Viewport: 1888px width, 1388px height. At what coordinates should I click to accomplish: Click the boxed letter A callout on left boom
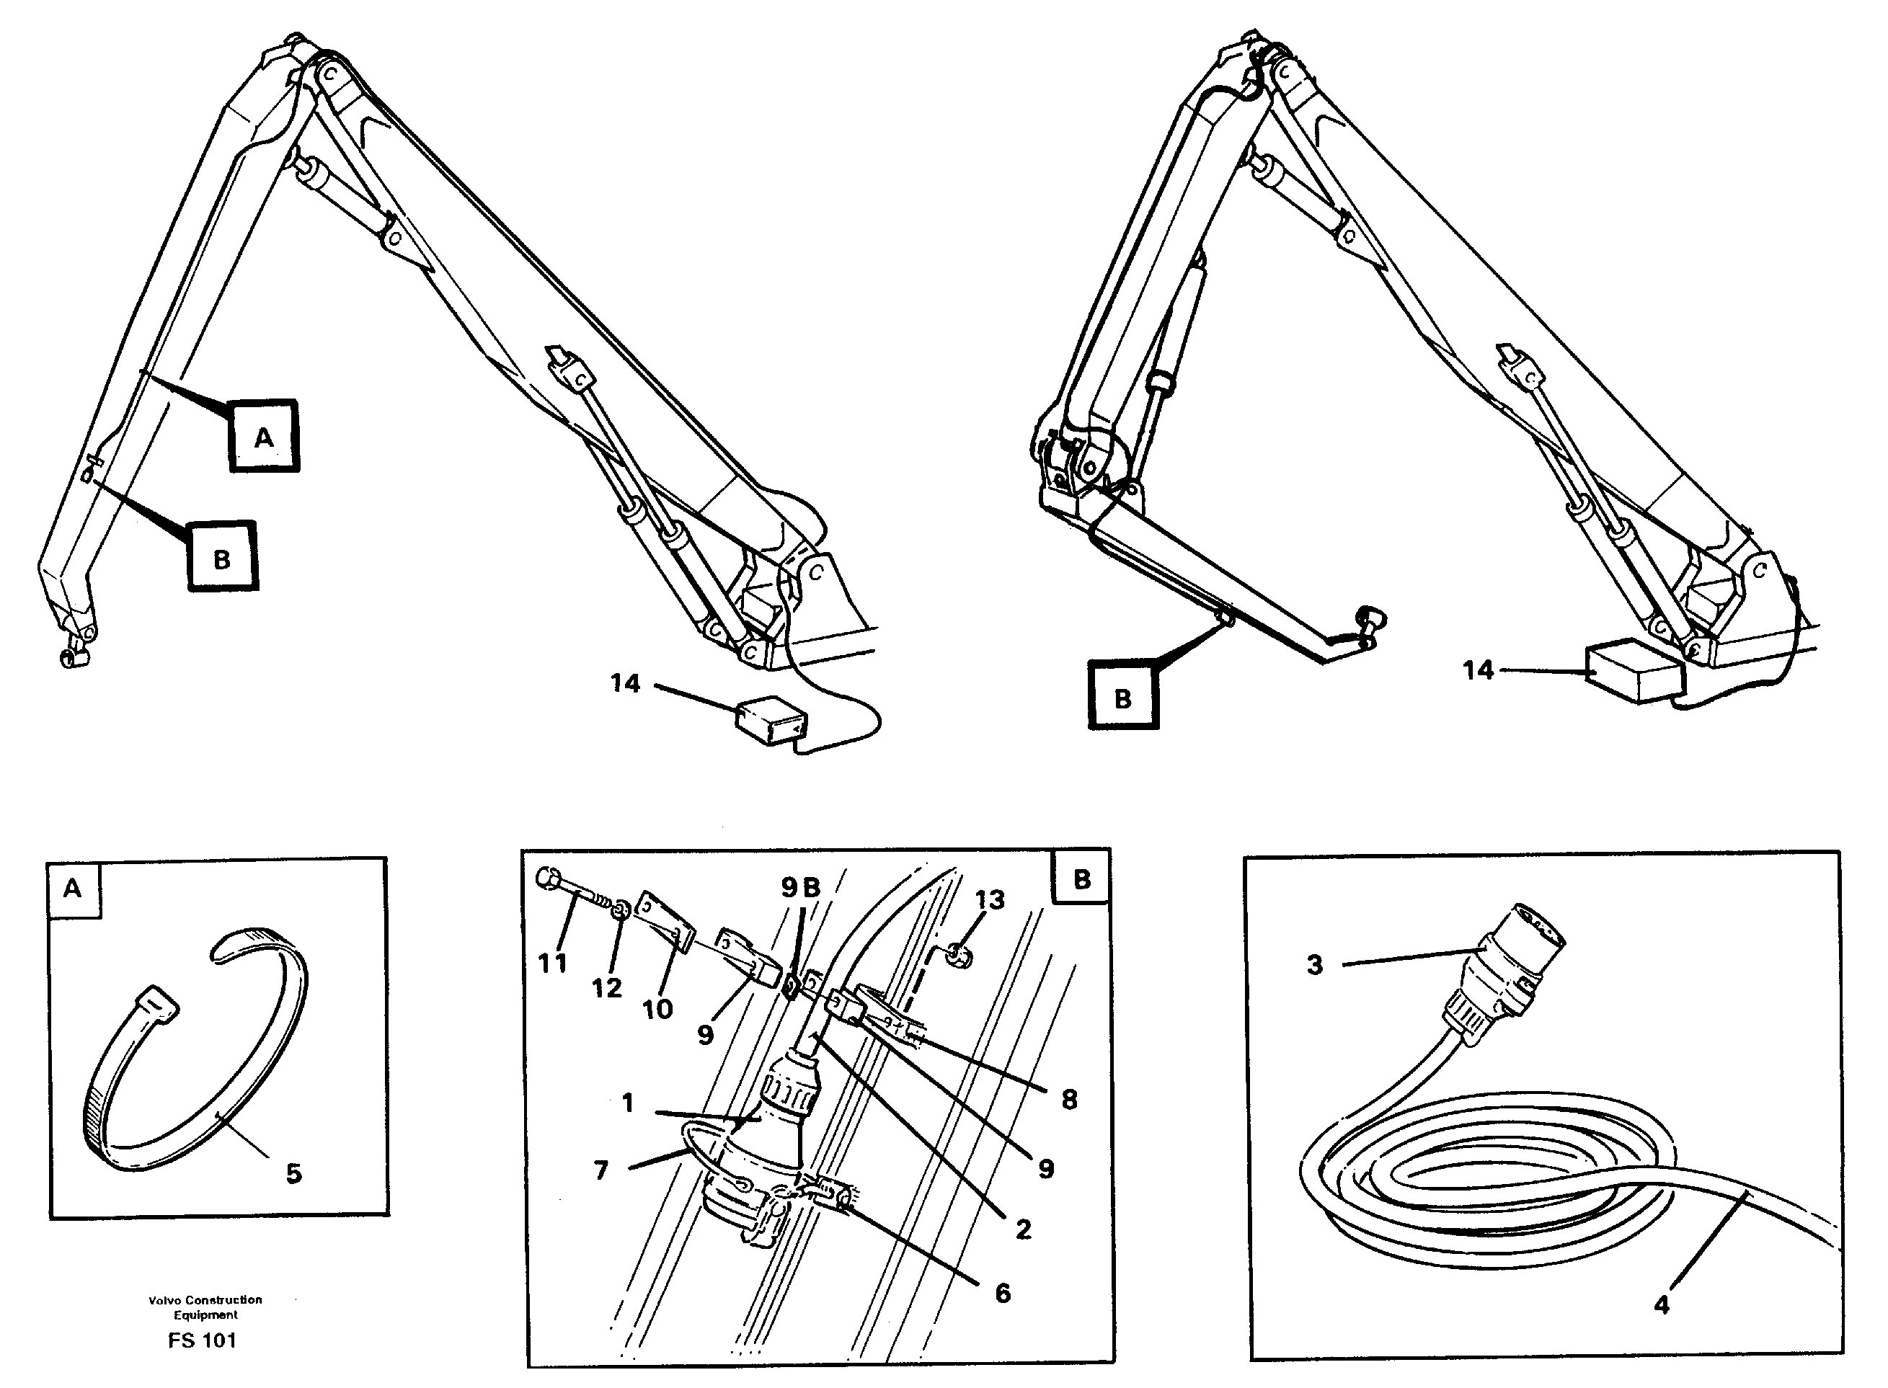[x=264, y=436]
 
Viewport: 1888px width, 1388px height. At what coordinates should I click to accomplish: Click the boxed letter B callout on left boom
[x=222, y=558]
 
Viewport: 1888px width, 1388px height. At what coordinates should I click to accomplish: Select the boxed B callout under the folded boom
[x=1122, y=696]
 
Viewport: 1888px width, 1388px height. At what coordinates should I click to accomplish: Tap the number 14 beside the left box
[x=624, y=683]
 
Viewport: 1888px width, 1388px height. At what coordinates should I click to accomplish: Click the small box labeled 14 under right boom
[x=1633, y=672]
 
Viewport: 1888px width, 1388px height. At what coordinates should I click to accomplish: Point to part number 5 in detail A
[x=293, y=1174]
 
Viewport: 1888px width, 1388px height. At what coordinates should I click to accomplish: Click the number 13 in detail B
[x=989, y=900]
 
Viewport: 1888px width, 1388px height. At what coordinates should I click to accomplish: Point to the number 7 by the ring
[x=600, y=1170]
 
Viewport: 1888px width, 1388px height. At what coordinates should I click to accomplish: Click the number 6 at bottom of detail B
[x=1003, y=1293]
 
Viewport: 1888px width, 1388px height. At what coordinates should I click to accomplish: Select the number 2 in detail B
[x=1022, y=1229]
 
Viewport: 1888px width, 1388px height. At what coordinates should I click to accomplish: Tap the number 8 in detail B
[x=1069, y=1099]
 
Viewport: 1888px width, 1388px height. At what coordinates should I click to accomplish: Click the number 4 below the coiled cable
[x=1661, y=1305]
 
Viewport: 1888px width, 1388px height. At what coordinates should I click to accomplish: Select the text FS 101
[x=202, y=1341]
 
